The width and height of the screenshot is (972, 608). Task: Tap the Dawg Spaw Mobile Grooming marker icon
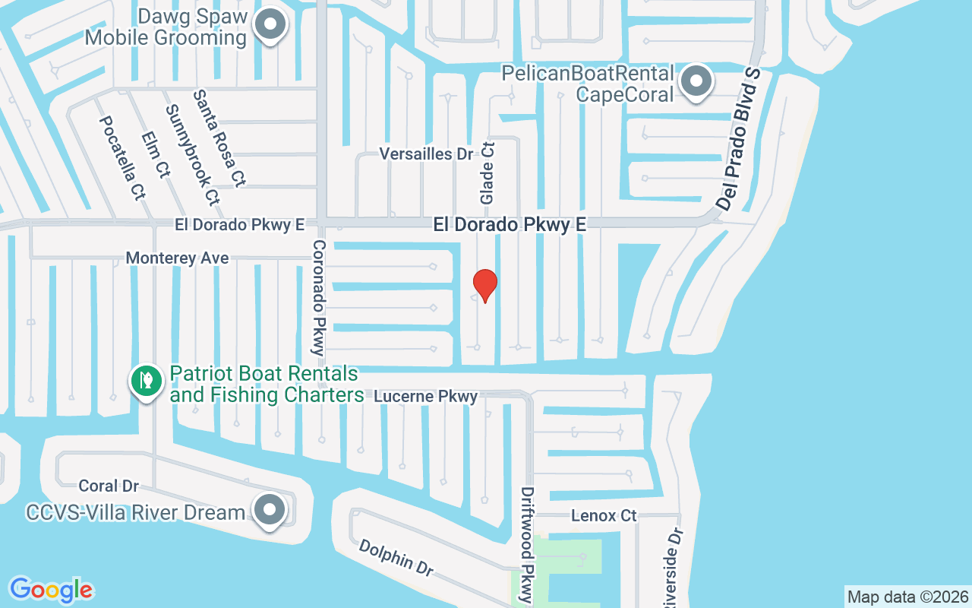tap(269, 26)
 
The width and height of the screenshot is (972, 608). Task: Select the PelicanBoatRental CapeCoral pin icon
tap(695, 81)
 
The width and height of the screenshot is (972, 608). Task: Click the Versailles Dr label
tap(426, 154)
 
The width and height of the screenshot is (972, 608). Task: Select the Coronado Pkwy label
tap(319, 297)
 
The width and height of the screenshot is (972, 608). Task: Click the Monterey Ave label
tap(177, 258)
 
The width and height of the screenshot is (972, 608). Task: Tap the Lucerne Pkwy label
tap(427, 396)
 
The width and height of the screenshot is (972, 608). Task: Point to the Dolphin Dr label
tap(396, 557)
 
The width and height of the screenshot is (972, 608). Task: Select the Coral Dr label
tap(109, 486)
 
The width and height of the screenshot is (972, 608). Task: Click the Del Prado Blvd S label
tap(739, 139)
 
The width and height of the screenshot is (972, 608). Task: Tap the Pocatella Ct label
tap(122, 158)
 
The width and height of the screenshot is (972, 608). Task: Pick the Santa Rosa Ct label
tap(219, 138)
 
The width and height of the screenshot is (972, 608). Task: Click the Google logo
tap(51, 590)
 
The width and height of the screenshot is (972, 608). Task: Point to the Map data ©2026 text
tap(907, 597)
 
